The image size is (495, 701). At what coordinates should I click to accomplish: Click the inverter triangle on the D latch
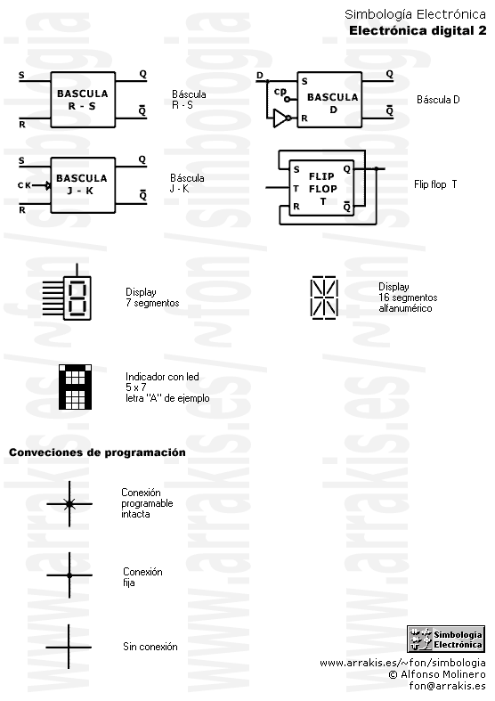(x=280, y=118)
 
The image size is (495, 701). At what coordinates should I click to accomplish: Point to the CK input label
(x=24, y=185)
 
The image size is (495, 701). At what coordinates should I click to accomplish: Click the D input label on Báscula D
(x=260, y=76)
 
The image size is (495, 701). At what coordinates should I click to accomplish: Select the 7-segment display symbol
(x=68, y=292)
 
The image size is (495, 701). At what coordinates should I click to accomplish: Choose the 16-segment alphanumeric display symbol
(x=324, y=298)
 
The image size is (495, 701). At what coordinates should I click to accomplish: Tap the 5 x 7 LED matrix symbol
(x=75, y=387)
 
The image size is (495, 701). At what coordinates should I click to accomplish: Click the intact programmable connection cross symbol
(x=69, y=504)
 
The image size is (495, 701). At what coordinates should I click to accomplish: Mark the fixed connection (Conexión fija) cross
(x=69, y=575)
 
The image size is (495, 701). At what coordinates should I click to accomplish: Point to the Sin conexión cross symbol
(x=69, y=647)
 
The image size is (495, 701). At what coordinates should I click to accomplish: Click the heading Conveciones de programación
(x=97, y=452)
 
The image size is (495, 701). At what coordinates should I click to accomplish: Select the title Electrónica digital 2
(x=418, y=30)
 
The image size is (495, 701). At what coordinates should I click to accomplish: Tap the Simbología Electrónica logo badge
(x=446, y=640)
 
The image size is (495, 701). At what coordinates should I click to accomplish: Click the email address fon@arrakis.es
(x=447, y=686)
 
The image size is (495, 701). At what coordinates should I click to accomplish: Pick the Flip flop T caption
(x=435, y=184)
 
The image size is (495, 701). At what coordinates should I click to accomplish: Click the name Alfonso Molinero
(x=443, y=674)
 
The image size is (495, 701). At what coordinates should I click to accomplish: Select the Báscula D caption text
(x=438, y=99)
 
